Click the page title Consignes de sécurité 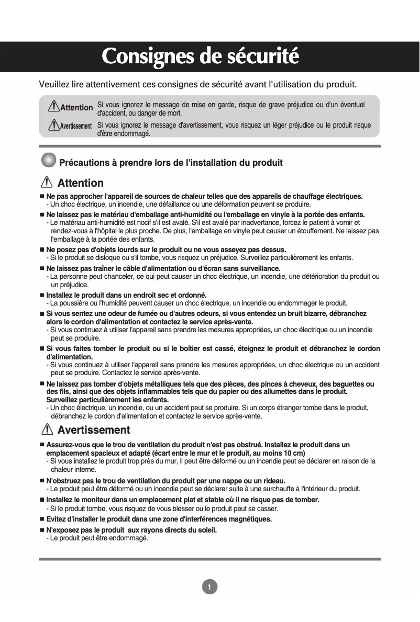200,56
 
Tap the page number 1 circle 209,587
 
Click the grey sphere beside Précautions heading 48,160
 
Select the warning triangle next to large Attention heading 47,183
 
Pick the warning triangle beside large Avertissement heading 47,430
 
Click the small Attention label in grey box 76,107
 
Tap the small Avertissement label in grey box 76,126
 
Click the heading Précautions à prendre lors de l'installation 171,163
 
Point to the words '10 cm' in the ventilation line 294,453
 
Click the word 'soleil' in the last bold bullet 206,530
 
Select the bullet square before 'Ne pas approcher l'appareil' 42,196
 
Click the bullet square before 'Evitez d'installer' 42,519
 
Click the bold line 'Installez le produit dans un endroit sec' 126,295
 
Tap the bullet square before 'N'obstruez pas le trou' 42,481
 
